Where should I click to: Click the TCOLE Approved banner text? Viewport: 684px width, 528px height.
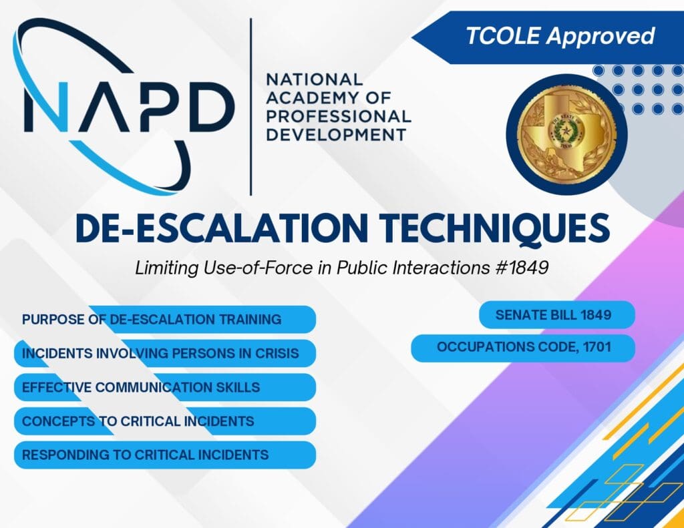pos(560,36)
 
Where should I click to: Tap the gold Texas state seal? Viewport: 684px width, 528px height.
pos(566,134)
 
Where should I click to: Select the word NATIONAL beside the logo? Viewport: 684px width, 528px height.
pos(314,79)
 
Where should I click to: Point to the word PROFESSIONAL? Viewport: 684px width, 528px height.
pos(339,116)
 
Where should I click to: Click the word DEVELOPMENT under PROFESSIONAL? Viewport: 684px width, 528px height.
pos(337,135)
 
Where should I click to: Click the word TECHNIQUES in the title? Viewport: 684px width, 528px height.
pos(494,228)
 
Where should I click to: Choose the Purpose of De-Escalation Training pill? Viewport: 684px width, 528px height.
pos(165,319)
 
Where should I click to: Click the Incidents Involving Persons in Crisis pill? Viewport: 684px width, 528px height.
pos(165,353)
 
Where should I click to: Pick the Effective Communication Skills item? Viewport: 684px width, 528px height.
pos(165,387)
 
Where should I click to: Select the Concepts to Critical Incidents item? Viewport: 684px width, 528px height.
pos(165,421)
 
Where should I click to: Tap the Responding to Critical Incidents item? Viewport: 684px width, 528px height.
pos(165,455)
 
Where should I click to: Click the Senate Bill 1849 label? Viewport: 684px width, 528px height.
pos(557,315)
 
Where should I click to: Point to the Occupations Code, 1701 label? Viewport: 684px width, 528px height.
pos(523,348)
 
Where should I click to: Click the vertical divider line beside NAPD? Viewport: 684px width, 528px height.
pos(251,107)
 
